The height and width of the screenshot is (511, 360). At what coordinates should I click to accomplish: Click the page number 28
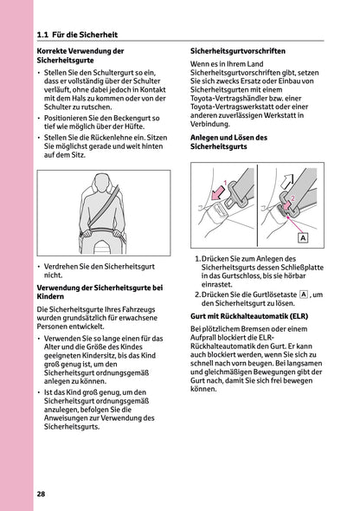(42, 494)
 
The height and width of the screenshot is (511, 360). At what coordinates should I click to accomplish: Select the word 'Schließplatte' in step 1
(319, 268)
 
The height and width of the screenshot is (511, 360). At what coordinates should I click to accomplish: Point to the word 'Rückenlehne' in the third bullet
(111, 137)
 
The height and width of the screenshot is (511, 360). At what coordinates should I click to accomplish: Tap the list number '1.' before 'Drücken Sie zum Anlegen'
(199, 259)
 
